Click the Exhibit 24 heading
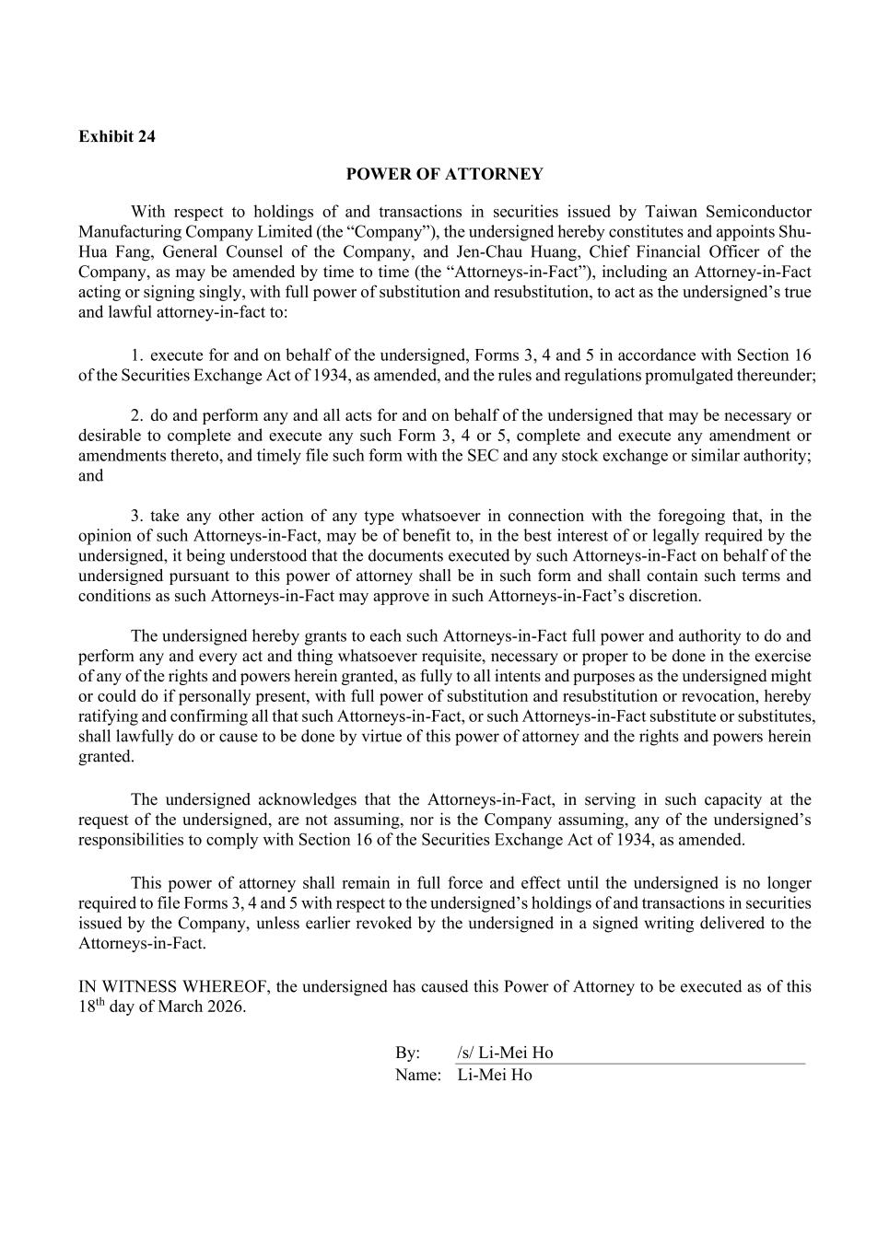[117, 136]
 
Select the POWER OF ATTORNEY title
[444, 174]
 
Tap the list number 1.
[137, 355]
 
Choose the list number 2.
[137, 416]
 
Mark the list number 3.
[137, 516]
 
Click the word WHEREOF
[222, 986]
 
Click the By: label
[408, 1053]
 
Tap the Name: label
[418, 1075]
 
